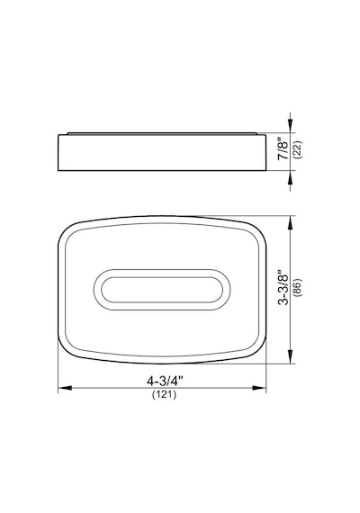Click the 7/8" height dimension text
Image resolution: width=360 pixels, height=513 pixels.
(283, 150)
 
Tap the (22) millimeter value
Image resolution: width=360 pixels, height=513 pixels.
(299, 149)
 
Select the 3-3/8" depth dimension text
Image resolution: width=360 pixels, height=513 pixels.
(283, 288)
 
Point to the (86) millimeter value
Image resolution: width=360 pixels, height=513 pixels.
(299, 288)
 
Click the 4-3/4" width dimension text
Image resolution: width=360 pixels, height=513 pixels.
(165, 381)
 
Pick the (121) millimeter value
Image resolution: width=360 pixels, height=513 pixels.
(165, 394)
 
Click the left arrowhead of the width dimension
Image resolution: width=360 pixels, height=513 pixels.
(65, 388)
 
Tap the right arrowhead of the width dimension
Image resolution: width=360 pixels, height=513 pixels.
(259, 388)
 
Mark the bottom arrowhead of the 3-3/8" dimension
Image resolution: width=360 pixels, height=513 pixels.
(291, 356)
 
